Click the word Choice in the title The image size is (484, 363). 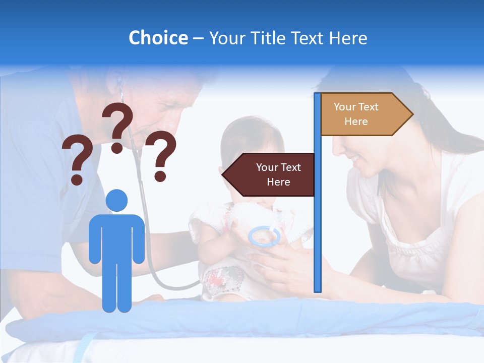[158, 38]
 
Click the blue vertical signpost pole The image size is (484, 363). [318, 212]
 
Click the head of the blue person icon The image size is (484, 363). [117, 200]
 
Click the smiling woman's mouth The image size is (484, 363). [355, 160]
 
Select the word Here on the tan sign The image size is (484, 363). [356, 122]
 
